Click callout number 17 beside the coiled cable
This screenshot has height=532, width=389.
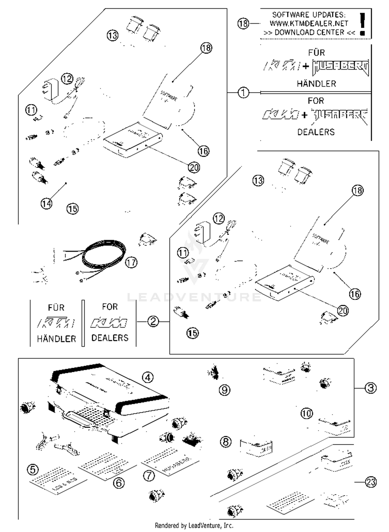tap(131, 263)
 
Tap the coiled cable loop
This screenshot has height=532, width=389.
tap(104, 255)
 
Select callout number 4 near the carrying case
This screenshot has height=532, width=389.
tap(148, 377)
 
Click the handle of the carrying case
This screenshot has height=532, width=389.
tap(78, 417)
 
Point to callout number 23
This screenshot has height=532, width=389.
tap(371, 482)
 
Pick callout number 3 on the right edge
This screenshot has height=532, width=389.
tap(371, 388)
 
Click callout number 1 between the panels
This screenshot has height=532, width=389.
tap(243, 92)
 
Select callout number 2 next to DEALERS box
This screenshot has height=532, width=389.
tap(153, 321)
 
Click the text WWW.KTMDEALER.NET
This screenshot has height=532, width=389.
tap(309, 23)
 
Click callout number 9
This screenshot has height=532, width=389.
tap(225, 390)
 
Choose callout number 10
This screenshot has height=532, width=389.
tap(307, 413)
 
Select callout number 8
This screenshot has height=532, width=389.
tap(226, 442)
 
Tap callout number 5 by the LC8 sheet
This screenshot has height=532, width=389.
tap(33, 470)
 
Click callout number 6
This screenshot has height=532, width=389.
tap(119, 483)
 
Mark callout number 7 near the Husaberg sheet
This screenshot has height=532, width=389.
tap(149, 476)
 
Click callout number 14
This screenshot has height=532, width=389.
tap(46, 204)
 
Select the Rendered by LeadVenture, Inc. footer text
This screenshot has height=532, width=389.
tap(194, 526)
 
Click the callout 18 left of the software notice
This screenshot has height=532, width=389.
tap(243, 24)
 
